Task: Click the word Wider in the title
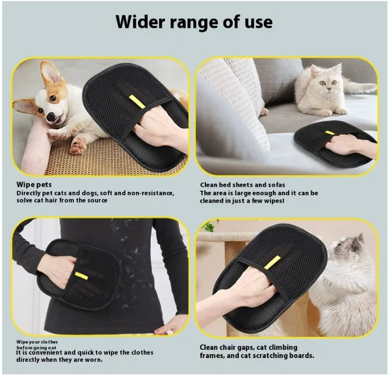(x=140, y=21)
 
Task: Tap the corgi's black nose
(x=51, y=117)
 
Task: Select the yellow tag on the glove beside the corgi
(x=137, y=101)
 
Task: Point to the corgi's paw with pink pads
(x=77, y=146)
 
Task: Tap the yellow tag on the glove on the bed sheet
(x=330, y=133)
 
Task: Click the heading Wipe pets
(x=34, y=185)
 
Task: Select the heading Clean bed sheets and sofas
(x=242, y=185)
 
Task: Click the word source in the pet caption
(x=97, y=200)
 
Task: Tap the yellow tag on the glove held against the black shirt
(x=82, y=276)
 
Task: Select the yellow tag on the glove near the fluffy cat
(x=272, y=263)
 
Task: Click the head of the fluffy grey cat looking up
(x=347, y=248)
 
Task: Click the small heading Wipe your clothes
(x=37, y=342)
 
